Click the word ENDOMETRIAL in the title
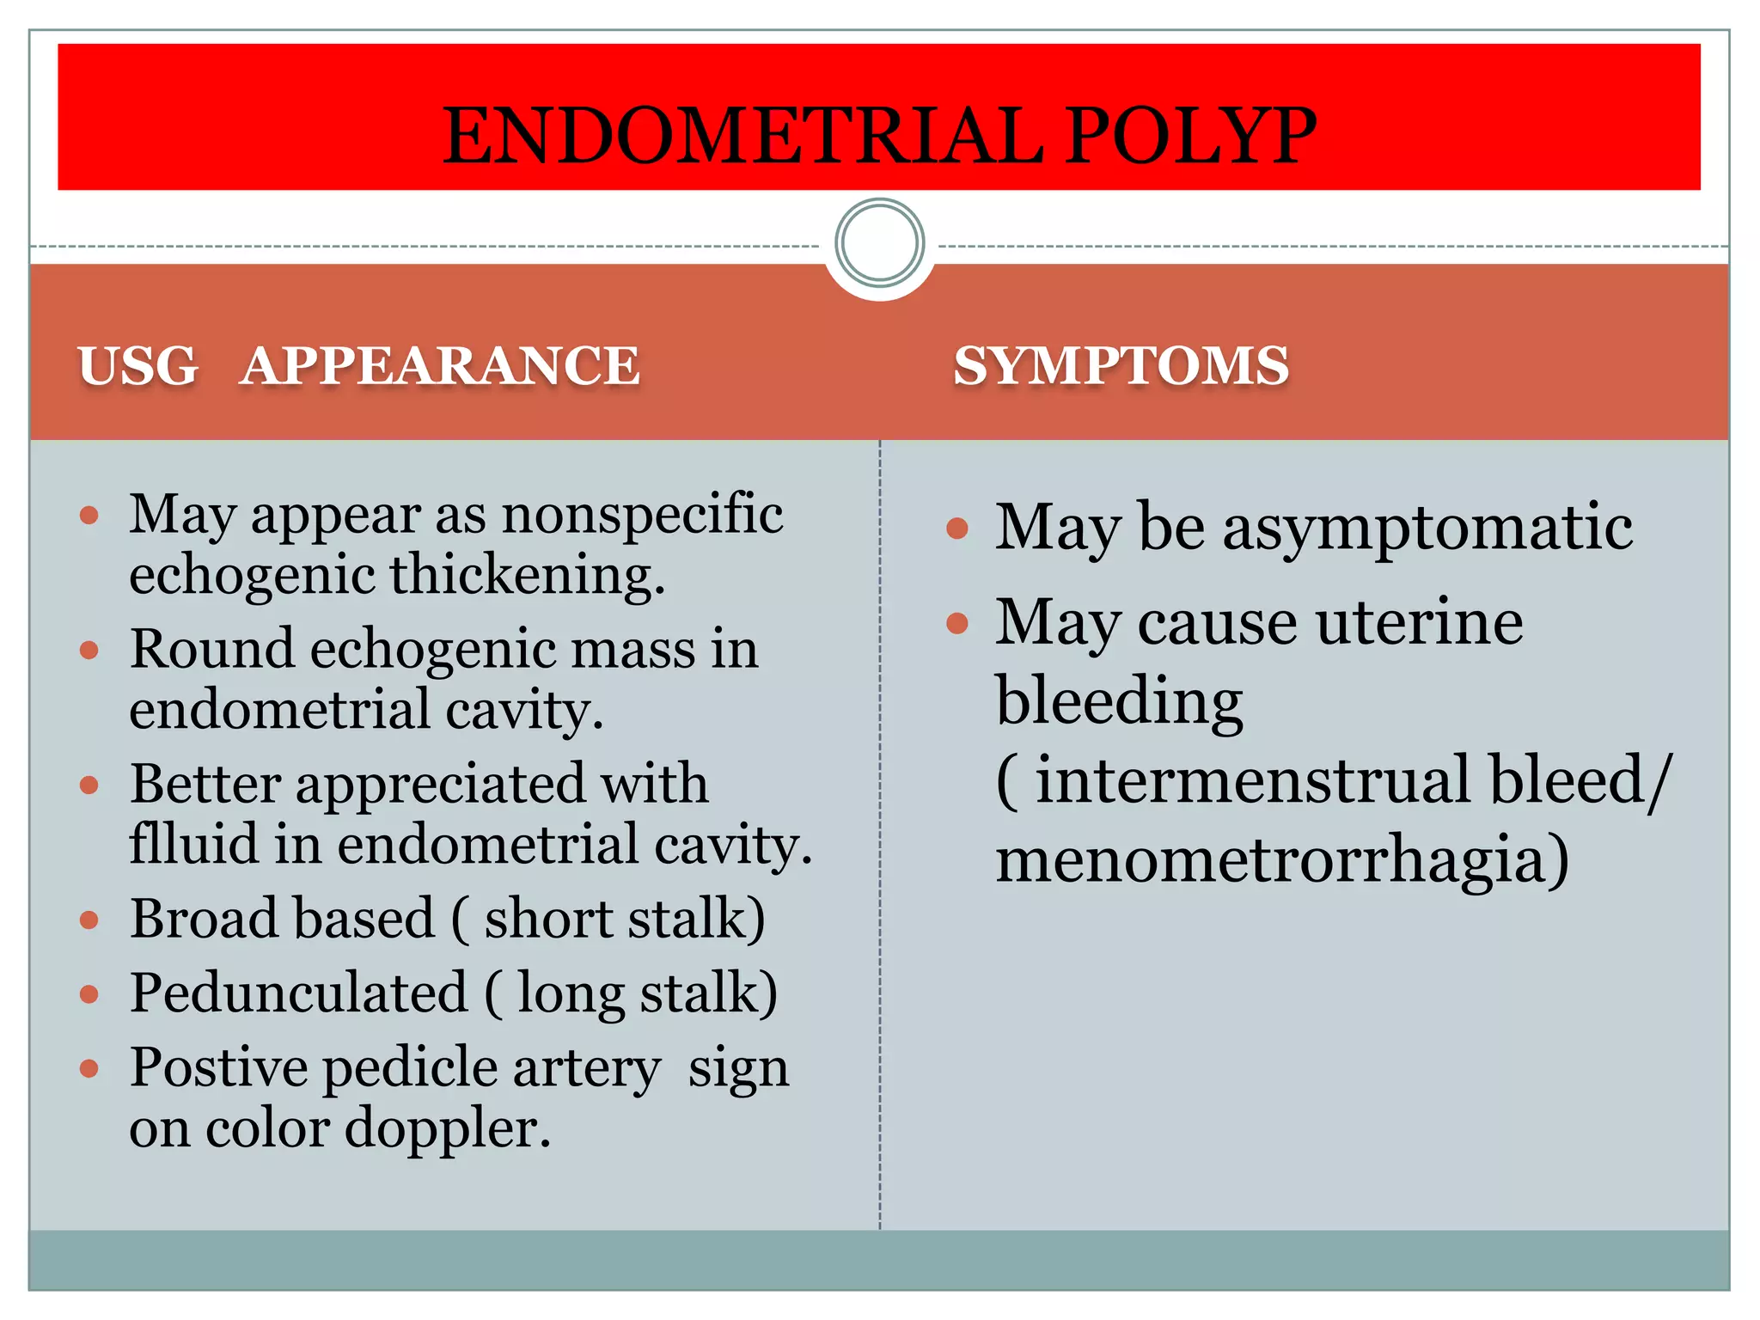(x=742, y=136)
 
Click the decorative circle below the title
(x=879, y=243)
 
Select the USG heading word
(x=137, y=365)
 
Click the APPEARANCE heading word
(x=440, y=365)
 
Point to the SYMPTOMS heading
(x=1121, y=365)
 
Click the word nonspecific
(x=642, y=516)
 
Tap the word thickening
(x=528, y=576)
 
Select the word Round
(x=211, y=649)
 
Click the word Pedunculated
(x=298, y=993)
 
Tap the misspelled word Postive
(x=218, y=1068)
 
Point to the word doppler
(x=447, y=1128)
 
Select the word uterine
(x=1419, y=622)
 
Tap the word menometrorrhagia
(x=1281, y=859)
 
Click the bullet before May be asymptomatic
(x=956, y=528)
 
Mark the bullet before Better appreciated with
(x=89, y=785)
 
